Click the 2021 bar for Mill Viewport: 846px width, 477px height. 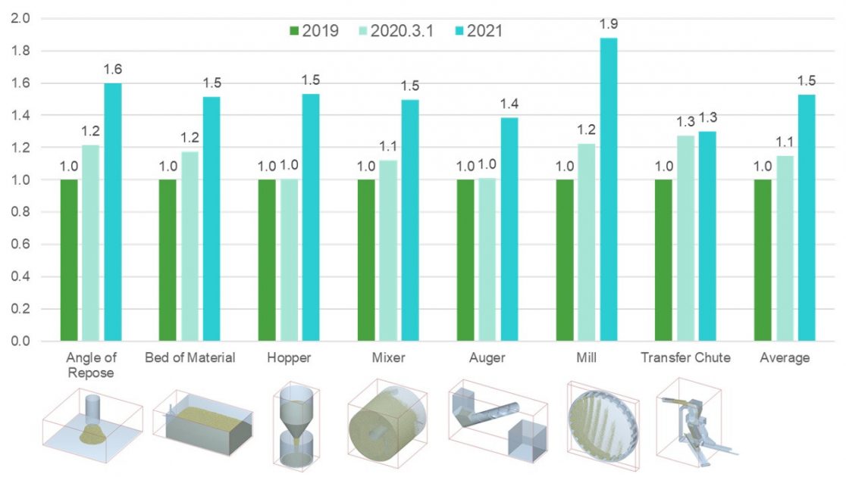click(x=609, y=189)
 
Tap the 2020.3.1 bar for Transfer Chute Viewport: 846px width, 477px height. click(x=685, y=238)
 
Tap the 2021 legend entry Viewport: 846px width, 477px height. click(x=475, y=31)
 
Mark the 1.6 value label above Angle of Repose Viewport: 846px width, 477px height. click(x=113, y=70)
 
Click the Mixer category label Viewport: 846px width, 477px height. click(x=388, y=357)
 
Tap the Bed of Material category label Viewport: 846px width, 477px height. click(x=190, y=357)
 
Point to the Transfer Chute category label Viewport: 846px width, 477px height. click(x=685, y=357)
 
